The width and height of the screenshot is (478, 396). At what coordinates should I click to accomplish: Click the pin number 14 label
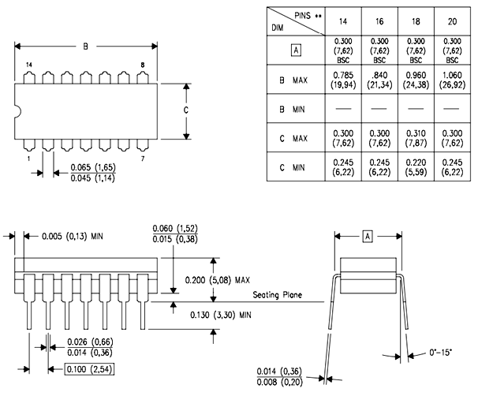tap(29, 65)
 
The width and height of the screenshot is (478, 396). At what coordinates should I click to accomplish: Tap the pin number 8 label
tap(142, 65)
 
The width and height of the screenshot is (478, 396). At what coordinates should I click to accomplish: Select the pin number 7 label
tap(142, 159)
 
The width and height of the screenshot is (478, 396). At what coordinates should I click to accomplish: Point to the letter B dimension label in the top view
tap(86, 46)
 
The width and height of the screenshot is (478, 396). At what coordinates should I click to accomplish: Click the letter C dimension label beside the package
tap(186, 111)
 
